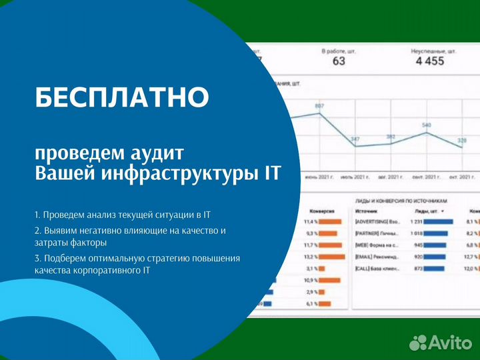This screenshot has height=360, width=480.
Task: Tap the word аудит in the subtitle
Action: coord(159,153)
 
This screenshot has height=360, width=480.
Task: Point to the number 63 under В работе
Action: coord(339,62)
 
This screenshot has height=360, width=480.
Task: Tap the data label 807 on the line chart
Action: coord(319,107)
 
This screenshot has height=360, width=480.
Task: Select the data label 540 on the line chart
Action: coord(426,125)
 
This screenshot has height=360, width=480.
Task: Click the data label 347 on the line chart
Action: coord(355,139)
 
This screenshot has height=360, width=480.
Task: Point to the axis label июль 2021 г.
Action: coord(355,178)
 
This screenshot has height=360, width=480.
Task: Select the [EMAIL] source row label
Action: coord(377,257)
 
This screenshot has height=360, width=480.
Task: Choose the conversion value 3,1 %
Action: coord(310,268)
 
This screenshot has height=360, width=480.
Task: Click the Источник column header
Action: coord(367,209)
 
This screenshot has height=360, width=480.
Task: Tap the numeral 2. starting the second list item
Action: coord(37,231)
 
